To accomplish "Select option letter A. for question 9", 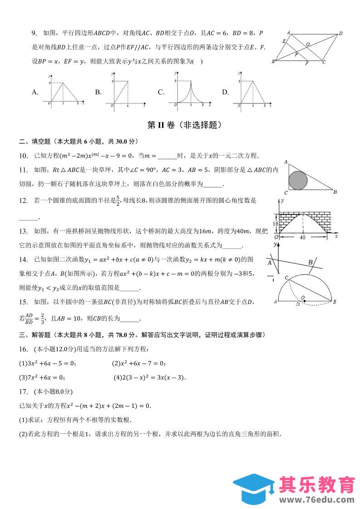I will [x=35, y=92].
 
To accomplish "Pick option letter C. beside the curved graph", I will [x=161, y=92].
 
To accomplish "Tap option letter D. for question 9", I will [x=225, y=92].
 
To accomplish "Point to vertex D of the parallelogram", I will [x=340, y=33].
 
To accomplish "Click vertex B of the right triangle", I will [x=335, y=192].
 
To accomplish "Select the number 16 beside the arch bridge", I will [x=275, y=224].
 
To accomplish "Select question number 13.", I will [x=23, y=231].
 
